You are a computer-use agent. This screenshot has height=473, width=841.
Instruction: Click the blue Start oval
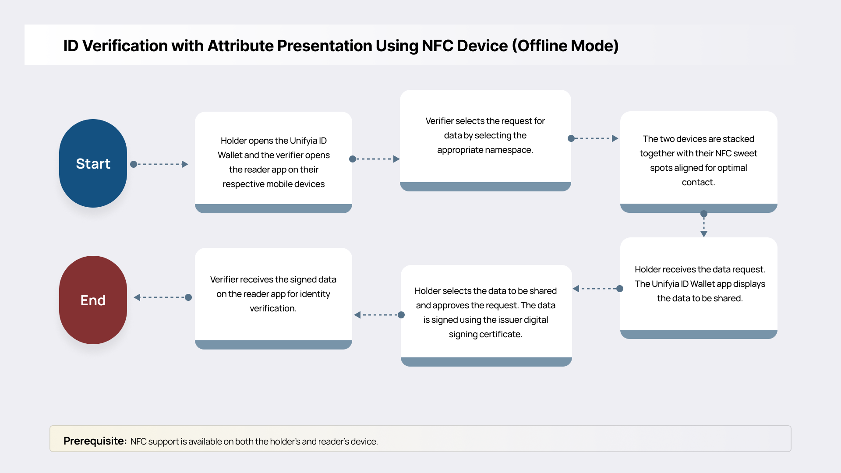coord(93,163)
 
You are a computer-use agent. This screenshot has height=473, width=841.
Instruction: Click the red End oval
coord(93,300)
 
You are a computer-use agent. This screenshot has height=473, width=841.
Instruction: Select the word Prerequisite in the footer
coord(95,441)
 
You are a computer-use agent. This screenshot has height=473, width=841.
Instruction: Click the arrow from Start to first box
coord(159,164)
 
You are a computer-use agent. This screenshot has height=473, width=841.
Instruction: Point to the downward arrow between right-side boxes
coord(704,224)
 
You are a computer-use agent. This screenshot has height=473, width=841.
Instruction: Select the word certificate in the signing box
coord(500,334)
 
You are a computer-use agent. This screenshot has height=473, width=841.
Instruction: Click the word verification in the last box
coord(273,308)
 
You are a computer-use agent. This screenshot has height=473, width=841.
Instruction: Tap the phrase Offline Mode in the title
coord(565,46)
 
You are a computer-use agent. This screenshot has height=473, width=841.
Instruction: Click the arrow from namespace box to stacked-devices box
coord(594,138)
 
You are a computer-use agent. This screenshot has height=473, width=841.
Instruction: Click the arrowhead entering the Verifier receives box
coord(357,315)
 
